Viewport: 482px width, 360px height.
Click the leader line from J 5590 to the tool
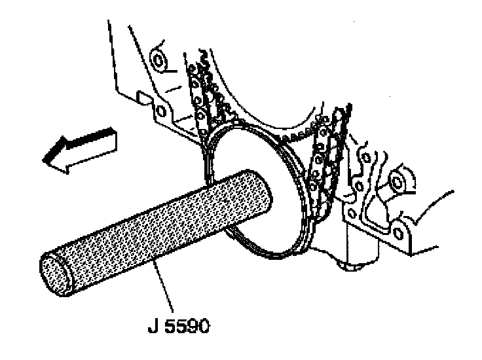pyautogui.click(x=164, y=288)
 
